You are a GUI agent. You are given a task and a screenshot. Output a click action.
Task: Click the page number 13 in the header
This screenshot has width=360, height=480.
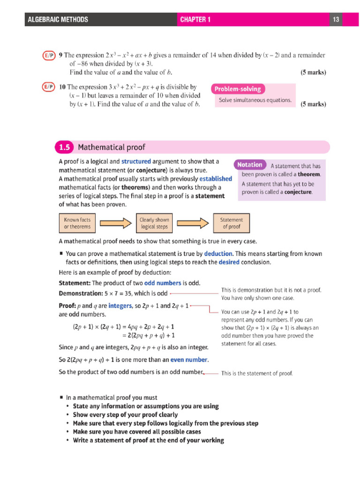tap(336, 19)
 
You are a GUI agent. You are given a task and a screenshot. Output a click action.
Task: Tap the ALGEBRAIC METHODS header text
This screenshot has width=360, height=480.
tap(58, 19)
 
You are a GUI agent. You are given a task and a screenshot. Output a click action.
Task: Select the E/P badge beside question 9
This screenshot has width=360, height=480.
tap(49, 55)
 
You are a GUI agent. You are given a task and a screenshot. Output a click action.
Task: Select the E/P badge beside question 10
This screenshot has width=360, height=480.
tap(49, 87)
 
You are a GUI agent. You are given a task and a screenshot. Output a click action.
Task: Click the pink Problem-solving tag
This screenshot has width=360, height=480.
tap(239, 89)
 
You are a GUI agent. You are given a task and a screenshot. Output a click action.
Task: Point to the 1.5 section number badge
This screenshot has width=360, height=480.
tap(64, 148)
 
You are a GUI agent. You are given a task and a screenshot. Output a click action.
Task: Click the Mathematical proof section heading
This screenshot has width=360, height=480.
tap(112, 148)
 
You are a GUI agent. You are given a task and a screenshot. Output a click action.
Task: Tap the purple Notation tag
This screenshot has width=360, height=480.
tap(250, 165)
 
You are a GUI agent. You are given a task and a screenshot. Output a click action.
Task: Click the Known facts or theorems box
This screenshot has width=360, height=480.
tap(77, 223)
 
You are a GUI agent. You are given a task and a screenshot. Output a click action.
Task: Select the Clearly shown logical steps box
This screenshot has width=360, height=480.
tap(154, 223)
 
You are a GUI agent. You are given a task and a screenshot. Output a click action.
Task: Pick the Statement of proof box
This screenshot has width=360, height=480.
tap(232, 223)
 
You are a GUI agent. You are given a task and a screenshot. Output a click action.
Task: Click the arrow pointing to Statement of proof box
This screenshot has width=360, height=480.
tap(193, 223)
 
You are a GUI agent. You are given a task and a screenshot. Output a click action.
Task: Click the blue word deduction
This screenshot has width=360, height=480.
tap(218, 254)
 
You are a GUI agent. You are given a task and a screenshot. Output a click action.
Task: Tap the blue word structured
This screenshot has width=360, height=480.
tap(136, 161)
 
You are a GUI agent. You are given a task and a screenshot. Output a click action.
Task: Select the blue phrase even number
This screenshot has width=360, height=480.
tap(188, 360)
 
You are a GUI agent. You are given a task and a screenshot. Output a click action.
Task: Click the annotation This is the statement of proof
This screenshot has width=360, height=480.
tap(256, 374)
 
